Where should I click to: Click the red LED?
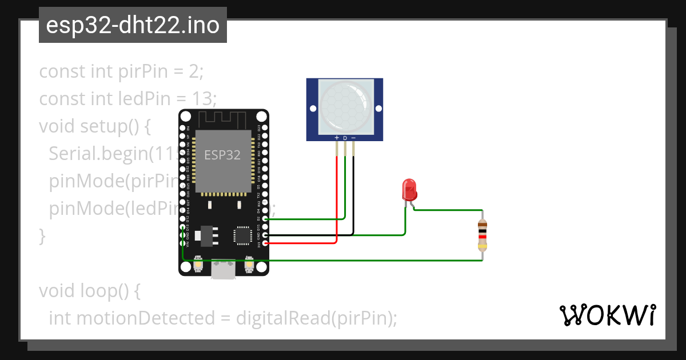click(x=409, y=189)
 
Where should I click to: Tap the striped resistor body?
click(x=482, y=235)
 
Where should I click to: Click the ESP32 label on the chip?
click(x=222, y=154)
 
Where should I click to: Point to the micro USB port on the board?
click(x=223, y=269)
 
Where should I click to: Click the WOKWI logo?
click(x=608, y=315)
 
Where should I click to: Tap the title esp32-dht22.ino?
click(x=133, y=25)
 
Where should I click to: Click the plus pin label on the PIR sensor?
click(x=337, y=138)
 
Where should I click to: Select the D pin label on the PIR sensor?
click(x=345, y=138)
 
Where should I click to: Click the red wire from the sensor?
click(x=337, y=200)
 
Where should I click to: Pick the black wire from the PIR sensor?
click(x=353, y=194)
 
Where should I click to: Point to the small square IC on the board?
click(x=242, y=235)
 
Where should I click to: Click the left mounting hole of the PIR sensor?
click(x=312, y=108)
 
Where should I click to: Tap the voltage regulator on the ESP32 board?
click(x=206, y=235)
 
